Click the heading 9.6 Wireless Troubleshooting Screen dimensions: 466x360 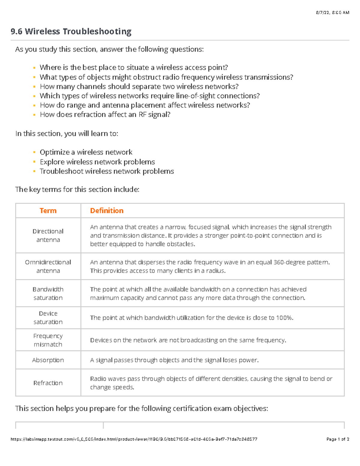[x=71, y=32]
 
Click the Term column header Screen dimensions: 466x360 [x=48, y=211]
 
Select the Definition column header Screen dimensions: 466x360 [x=107, y=211]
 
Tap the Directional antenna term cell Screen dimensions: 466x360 [x=48, y=236]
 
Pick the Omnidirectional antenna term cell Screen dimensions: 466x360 [x=48, y=266]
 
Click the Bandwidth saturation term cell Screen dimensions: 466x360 [x=48, y=293]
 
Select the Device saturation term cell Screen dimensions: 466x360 [x=48, y=317]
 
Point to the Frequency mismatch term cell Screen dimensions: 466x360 [x=48, y=340]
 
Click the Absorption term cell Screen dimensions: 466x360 [x=48, y=360]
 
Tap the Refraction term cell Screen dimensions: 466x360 [x=48, y=383]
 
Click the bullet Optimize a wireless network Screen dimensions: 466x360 [x=86, y=152]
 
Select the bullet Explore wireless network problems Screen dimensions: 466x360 [x=97, y=162]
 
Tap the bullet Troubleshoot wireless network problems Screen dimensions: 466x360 [x=107, y=171]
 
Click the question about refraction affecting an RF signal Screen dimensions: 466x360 [x=105, y=115]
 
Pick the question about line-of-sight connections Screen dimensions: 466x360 [x=150, y=96]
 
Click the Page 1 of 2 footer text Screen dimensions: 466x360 [x=337, y=439]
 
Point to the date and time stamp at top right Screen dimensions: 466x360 [x=332, y=13]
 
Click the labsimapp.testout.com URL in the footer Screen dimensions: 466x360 [x=134, y=439]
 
